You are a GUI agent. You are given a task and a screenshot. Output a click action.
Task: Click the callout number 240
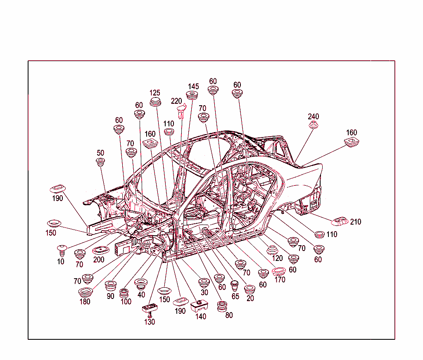(x=313, y=116)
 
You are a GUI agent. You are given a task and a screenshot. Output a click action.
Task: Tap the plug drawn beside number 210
(x=340, y=221)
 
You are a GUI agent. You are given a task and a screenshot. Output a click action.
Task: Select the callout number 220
(x=176, y=101)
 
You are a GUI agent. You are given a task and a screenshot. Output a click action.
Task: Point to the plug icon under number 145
(x=192, y=95)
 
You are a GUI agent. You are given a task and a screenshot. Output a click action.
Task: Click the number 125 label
(x=155, y=93)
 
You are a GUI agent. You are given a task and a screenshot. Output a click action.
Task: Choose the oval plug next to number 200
(x=101, y=250)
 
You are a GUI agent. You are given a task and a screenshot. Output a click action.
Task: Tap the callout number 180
(x=85, y=301)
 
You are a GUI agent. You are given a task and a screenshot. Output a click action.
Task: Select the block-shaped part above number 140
(x=199, y=306)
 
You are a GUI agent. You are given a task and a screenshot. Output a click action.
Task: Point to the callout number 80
(x=229, y=315)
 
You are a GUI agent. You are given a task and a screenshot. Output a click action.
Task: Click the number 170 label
(x=280, y=279)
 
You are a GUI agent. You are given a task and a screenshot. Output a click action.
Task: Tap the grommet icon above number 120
(x=272, y=250)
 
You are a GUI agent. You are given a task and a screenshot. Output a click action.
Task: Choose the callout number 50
(x=100, y=153)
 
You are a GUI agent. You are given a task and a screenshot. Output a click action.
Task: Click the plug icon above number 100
(x=124, y=293)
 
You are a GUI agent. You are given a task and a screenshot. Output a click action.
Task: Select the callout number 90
(x=110, y=296)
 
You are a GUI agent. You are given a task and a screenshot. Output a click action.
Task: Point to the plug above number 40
(x=141, y=284)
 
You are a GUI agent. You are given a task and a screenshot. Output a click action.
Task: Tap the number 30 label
(x=204, y=292)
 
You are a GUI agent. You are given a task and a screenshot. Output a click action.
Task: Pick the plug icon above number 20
(x=250, y=290)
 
